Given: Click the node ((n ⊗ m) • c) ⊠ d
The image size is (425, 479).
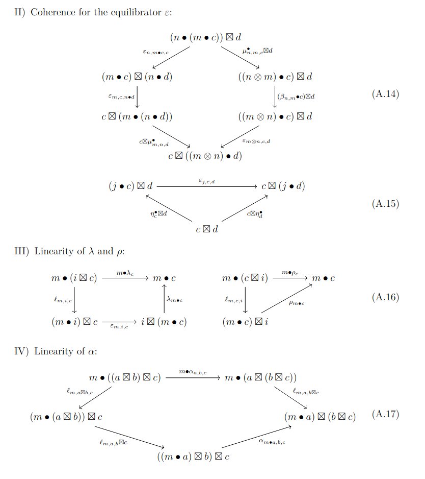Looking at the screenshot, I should [274, 77].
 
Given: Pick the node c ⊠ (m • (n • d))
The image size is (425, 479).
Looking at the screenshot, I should [137, 116].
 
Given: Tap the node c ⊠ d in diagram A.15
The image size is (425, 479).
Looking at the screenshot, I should [207, 229].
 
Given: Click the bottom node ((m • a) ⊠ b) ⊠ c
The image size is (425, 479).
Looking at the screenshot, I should [193, 456].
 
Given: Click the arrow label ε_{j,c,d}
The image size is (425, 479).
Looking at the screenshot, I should [206, 180].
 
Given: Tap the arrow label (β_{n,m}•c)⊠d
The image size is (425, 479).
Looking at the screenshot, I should [296, 96].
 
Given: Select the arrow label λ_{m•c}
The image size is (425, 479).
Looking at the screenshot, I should [174, 300].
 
